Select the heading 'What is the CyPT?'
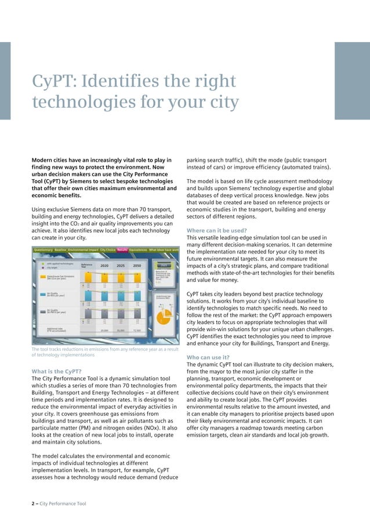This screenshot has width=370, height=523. (x=56, y=371)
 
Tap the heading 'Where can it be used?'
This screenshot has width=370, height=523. (x=216, y=230)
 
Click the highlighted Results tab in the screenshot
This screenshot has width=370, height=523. (x=122, y=250)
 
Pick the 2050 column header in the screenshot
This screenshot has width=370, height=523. (x=137, y=265)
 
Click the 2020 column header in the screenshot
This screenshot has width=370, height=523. (x=105, y=265)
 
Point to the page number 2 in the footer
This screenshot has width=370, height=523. (x=32, y=503)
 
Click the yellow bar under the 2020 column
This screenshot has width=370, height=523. (x=105, y=279)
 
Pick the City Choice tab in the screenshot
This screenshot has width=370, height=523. (x=108, y=250)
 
